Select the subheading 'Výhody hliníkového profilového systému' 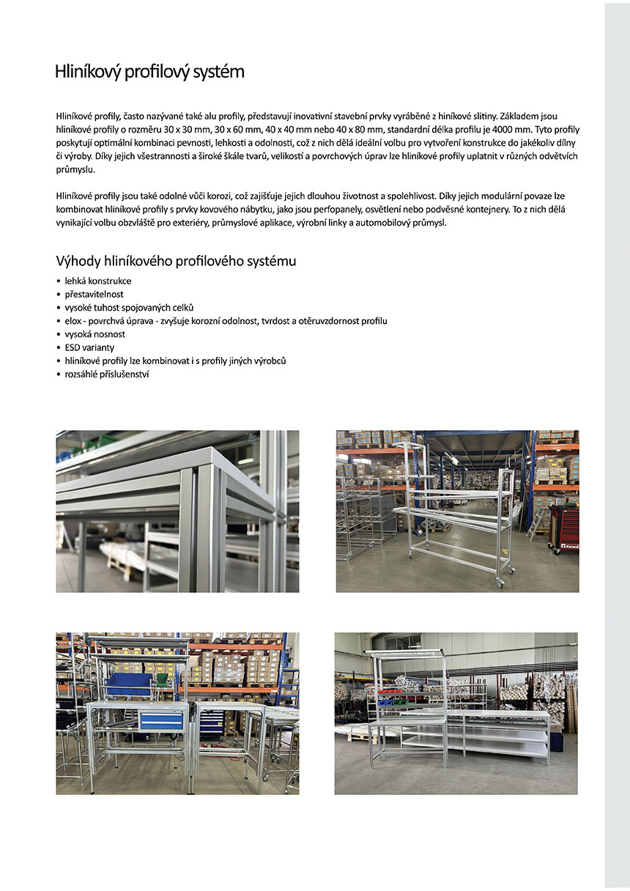176,261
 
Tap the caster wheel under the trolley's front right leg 500,583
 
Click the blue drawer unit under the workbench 161,720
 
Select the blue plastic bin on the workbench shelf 128,685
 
